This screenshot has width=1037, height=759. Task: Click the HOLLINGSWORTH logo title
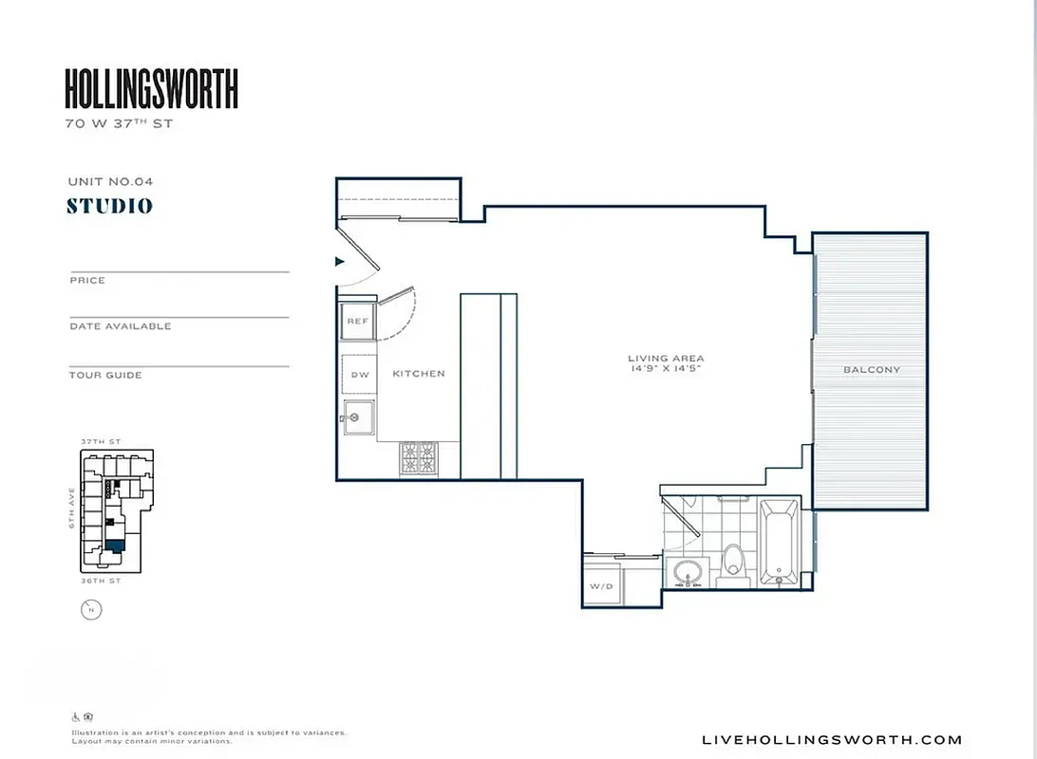(x=151, y=89)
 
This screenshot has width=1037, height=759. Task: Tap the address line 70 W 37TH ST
(x=119, y=124)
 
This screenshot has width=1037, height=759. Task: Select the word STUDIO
(x=110, y=206)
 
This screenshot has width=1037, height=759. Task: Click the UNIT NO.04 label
(x=110, y=180)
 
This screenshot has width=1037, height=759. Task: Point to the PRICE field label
(x=87, y=281)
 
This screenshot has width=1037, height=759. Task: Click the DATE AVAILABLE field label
(x=120, y=326)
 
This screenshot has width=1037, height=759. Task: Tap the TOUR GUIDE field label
(x=105, y=376)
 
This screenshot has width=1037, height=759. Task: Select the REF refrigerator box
(x=358, y=322)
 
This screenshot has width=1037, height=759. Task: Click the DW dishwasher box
(x=359, y=375)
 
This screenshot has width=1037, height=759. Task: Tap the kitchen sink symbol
(x=359, y=417)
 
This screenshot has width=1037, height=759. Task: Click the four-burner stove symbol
(x=418, y=459)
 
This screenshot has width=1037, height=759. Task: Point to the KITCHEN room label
(x=419, y=374)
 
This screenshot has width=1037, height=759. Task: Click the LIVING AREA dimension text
(x=666, y=363)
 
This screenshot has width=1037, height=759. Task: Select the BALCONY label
(x=872, y=370)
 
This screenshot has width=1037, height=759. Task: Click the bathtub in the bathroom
(x=780, y=543)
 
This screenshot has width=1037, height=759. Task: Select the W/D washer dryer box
(x=601, y=586)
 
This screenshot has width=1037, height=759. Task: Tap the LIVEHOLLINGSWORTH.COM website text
(x=831, y=740)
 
